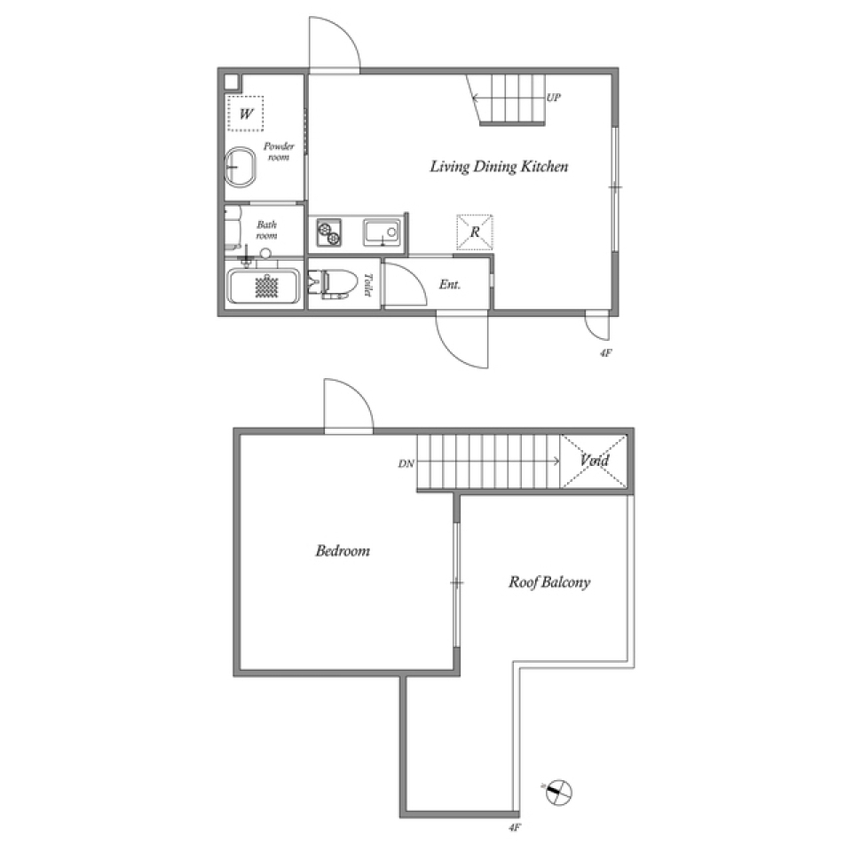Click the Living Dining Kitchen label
(499, 166)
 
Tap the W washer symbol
(246, 114)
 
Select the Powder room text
(279, 152)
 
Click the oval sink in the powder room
(241, 168)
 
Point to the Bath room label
(267, 230)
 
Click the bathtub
(263, 287)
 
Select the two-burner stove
(328, 233)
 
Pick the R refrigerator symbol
(474, 232)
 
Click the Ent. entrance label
(450, 284)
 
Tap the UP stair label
(553, 98)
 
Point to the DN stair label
(406, 463)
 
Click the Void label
(594, 461)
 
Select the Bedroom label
(343, 551)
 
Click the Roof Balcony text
(549, 582)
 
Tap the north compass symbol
(558, 792)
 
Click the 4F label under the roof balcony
(515, 827)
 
